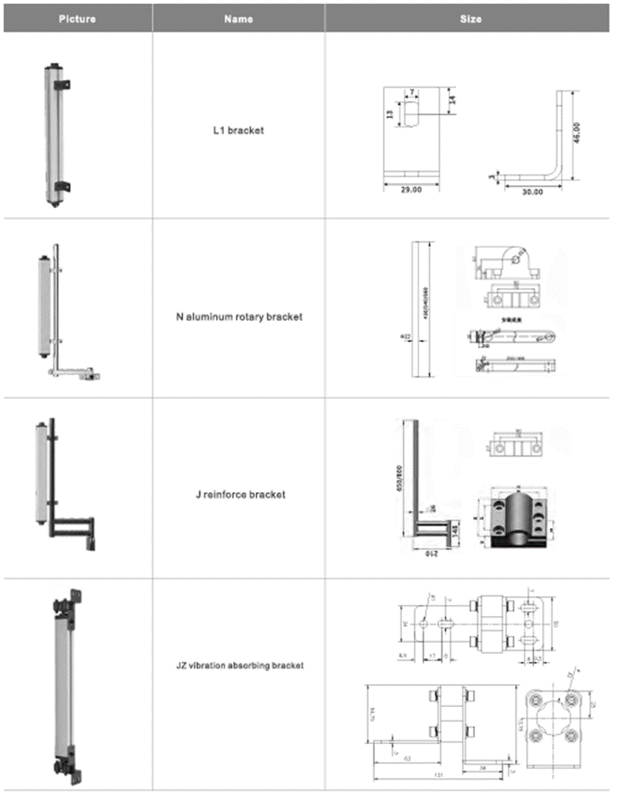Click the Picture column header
pyautogui.click(x=77, y=18)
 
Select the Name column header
pyautogui.click(x=238, y=18)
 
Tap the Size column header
pyautogui.click(x=471, y=18)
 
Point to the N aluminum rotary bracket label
pyautogui.click(x=238, y=317)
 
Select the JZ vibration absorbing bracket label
pyautogui.click(x=239, y=666)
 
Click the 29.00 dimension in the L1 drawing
pyautogui.click(x=411, y=190)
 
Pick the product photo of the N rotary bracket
pyautogui.click(x=63, y=317)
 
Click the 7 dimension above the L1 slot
pyautogui.click(x=412, y=93)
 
